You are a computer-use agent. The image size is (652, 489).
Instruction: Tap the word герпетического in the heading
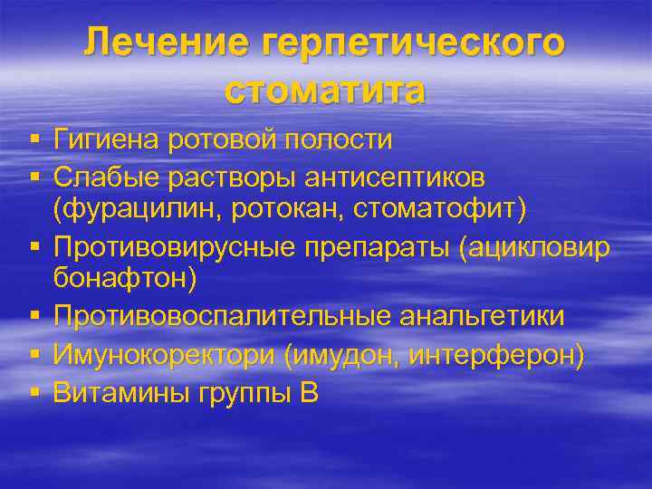tap(402, 46)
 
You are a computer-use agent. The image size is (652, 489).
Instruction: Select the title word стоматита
tap(325, 91)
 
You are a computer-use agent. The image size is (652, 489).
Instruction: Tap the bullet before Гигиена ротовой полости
tap(34, 141)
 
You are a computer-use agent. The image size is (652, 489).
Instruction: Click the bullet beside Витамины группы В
tap(34, 393)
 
